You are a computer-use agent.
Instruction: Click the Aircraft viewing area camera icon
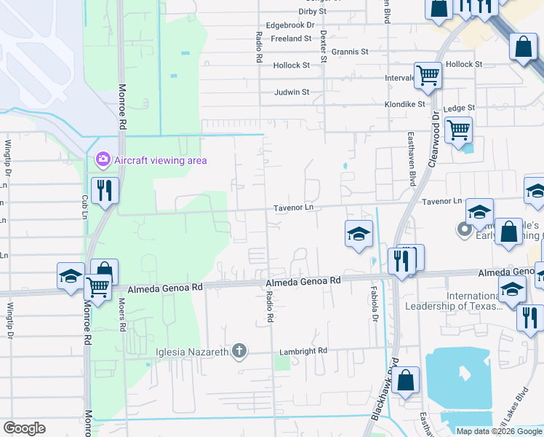point(103,159)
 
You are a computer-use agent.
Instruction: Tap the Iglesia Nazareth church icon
point(239,353)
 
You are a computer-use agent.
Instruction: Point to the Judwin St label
point(292,92)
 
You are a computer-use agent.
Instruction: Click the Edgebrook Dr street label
point(290,25)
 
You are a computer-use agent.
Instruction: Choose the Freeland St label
point(291,39)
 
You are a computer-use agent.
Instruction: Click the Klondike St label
point(405,104)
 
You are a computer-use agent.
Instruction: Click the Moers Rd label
point(121,316)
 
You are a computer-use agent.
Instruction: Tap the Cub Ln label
point(85,207)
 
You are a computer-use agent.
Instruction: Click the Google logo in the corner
point(24,428)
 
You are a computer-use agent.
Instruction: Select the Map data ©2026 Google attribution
point(499,431)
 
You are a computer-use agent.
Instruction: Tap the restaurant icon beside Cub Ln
point(105,192)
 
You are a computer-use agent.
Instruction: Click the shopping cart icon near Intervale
point(428,74)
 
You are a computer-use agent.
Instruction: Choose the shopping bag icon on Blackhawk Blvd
point(405,379)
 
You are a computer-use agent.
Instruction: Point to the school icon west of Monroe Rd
point(71,276)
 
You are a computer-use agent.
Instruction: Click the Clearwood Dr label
point(435,139)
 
